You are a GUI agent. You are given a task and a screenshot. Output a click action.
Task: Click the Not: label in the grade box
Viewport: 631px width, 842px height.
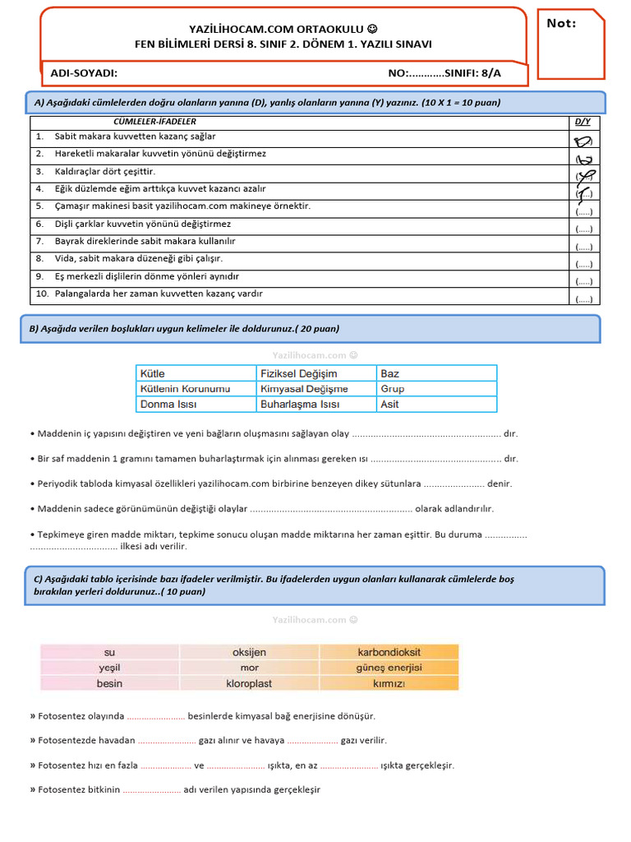point(562,24)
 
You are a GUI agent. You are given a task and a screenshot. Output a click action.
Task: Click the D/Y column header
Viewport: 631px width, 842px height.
point(583,122)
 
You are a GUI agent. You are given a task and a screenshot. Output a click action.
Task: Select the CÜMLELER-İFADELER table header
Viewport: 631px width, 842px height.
point(160,122)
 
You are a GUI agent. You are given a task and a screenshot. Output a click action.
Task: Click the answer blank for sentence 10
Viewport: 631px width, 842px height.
point(583,298)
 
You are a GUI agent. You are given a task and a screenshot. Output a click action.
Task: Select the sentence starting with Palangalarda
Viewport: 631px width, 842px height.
point(159,294)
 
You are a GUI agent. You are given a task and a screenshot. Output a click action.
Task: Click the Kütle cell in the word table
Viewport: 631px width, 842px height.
point(153,373)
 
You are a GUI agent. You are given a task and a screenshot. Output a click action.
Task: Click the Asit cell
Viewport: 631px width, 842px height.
point(389,405)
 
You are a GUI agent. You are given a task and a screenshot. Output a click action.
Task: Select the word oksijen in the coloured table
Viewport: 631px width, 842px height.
point(249,652)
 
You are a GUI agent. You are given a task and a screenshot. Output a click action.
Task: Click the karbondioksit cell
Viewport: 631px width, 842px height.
point(388,652)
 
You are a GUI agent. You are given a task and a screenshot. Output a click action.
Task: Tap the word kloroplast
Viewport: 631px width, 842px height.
point(249,683)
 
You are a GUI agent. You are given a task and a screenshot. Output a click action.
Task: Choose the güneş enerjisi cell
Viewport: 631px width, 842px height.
point(388,668)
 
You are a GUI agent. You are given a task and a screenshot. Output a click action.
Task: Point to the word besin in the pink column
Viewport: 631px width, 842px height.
point(109,683)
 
